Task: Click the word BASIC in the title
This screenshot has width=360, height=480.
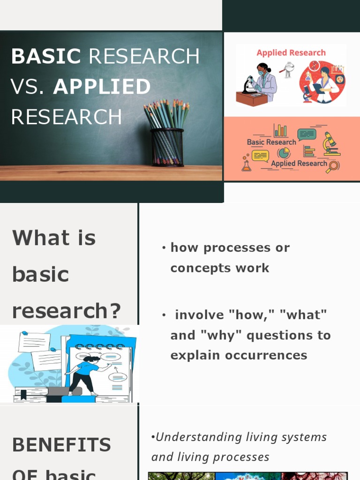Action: [x=46, y=57]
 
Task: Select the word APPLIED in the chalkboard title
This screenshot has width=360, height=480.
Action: [x=102, y=87]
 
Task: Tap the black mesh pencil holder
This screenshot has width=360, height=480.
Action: [x=167, y=147]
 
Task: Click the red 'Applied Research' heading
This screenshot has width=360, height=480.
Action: [x=291, y=53]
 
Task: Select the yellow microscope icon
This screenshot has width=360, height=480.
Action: [x=331, y=143]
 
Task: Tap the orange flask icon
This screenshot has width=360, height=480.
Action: [x=246, y=165]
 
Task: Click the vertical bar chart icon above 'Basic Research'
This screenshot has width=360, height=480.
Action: [x=280, y=130]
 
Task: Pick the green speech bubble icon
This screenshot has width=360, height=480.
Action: [x=307, y=134]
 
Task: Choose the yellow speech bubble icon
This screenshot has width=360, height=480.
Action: [x=260, y=156]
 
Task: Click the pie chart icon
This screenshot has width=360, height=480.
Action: [x=284, y=153]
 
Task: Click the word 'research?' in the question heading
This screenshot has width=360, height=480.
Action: [x=66, y=310]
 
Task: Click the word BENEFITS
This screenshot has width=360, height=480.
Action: [x=61, y=445]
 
